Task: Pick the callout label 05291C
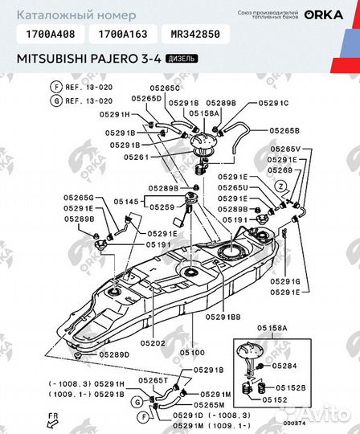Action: coord(272,104)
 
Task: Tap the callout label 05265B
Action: coord(284,129)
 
